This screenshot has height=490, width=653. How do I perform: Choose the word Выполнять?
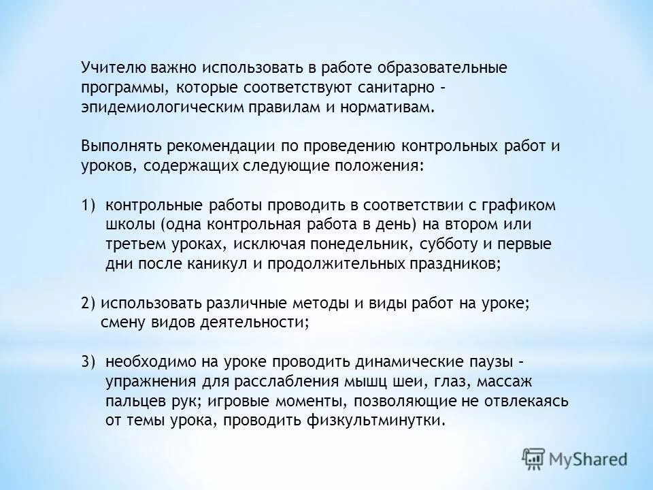pyautogui.click(x=118, y=147)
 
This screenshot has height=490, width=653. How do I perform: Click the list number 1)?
pyautogui.click(x=89, y=206)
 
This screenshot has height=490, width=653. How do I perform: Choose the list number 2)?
pyautogui.click(x=89, y=304)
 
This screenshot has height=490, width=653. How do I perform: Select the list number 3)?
pyautogui.click(x=89, y=361)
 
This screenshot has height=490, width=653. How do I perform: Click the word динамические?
pyautogui.click(x=361, y=361)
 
